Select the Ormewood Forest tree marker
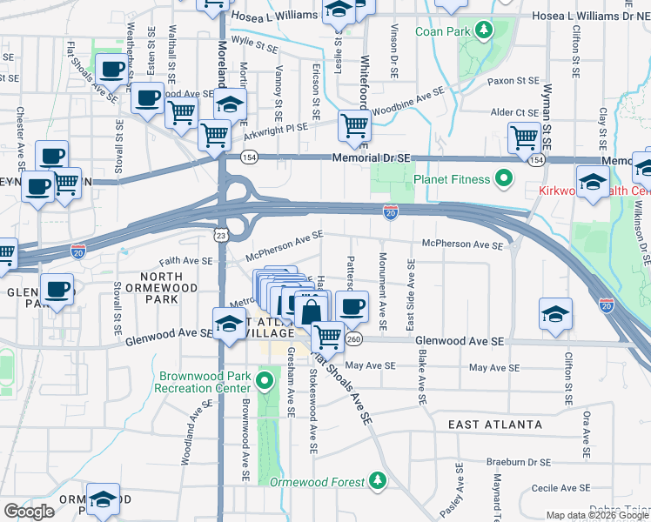[377, 480]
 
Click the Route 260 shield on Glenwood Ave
[353, 338]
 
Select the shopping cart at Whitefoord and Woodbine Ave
[354, 126]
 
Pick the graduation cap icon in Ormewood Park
[103, 499]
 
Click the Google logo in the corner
[29, 511]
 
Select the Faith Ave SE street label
[185, 260]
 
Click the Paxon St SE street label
[513, 81]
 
